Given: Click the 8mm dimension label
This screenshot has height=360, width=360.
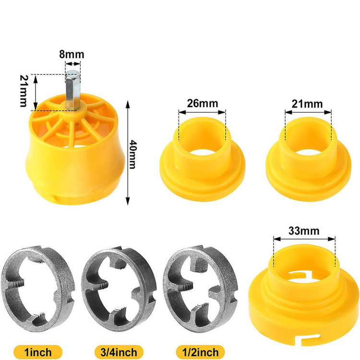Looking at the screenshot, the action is [72, 54].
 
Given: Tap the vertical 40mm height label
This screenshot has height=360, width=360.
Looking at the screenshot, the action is [132, 155].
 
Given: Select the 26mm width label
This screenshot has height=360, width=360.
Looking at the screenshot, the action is [203, 104].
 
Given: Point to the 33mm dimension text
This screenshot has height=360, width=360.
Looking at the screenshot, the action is [304, 231].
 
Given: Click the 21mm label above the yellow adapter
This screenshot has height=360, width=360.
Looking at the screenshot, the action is [307, 104].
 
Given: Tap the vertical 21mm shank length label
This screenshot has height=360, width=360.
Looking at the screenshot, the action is [24, 91].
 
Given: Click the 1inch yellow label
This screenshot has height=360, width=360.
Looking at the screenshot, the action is [38, 352].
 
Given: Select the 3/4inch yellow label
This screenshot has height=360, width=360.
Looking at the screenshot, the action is [119, 352].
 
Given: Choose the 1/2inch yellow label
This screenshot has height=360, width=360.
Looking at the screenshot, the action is [200, 352].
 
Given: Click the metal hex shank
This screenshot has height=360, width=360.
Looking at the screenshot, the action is [73, 90].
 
